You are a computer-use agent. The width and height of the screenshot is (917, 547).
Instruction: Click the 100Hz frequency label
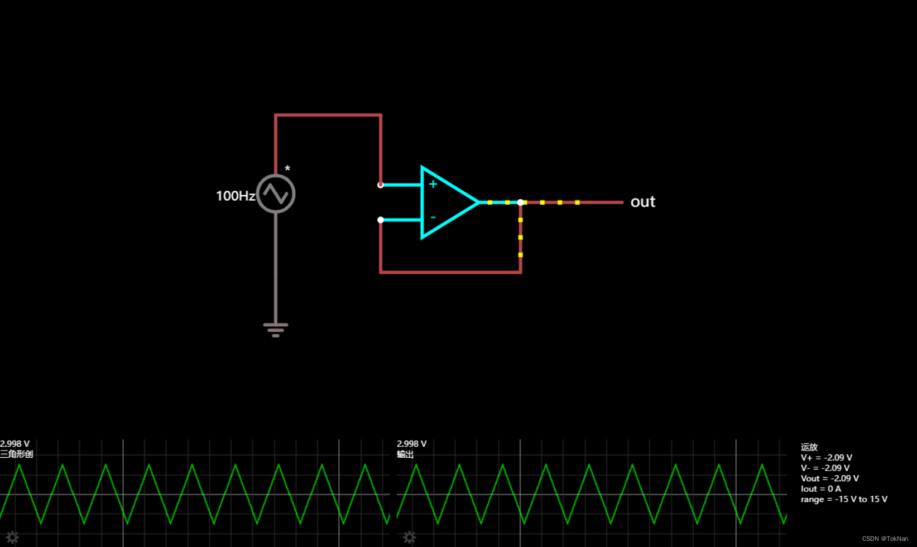tap(235, 196)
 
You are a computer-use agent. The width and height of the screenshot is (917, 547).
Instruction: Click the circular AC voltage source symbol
tap(276, 194)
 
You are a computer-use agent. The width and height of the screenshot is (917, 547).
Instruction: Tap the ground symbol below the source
tap(276, 330)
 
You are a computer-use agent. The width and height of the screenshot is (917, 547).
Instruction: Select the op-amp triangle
tap(447, 202)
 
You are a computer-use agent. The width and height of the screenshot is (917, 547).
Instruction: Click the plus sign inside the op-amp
tap(433, 184)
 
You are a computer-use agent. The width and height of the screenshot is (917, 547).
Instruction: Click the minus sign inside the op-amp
tap(433, 217)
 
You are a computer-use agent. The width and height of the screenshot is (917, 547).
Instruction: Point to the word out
tap(642, 202)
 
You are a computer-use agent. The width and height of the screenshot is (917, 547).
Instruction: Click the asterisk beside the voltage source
tap(287, 168)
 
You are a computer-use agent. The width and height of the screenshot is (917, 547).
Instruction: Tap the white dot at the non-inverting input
tap(381, 185)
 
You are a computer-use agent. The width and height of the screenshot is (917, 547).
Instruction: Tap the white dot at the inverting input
tap(381, 220)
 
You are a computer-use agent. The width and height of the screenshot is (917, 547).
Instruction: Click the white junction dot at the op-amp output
tap(520, 202)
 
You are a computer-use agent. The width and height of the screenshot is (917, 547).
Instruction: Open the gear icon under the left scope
tap(12, 538)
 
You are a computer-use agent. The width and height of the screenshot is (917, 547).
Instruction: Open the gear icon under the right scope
tap(409, 538)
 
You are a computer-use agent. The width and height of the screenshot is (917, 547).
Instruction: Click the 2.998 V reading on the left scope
tap(15, 444)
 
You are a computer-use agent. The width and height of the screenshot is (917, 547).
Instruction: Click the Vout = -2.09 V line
tap(829, 478)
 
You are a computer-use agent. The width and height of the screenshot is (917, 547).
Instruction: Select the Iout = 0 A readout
tap(820, 489)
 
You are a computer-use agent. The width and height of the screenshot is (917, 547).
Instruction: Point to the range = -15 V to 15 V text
tap(843, 500)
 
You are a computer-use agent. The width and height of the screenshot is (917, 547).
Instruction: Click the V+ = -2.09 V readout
tap(826, 458)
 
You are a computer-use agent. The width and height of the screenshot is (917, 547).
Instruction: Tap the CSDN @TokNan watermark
tap(885, 539)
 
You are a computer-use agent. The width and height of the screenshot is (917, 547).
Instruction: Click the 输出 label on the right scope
tap(405, 454)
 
